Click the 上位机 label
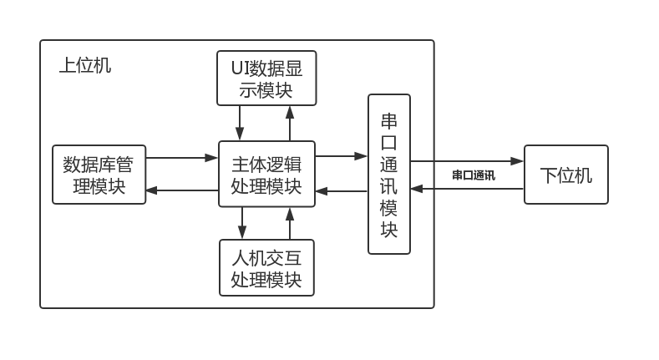84,65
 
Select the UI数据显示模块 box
266,79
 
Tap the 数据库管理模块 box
99,175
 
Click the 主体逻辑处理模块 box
266,174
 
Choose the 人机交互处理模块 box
266,267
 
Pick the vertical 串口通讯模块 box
389,174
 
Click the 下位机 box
565,175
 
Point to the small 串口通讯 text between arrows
474,175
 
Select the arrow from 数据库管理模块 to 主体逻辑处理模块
182,157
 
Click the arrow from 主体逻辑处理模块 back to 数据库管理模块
182,191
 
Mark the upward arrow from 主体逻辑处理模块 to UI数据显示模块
290,123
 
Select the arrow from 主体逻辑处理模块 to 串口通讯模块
342,155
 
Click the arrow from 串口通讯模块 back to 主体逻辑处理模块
342,191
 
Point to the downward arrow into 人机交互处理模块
242,223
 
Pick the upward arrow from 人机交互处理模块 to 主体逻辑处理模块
290,223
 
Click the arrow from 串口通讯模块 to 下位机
467,160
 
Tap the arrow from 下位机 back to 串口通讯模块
467,189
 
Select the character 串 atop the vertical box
389,120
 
